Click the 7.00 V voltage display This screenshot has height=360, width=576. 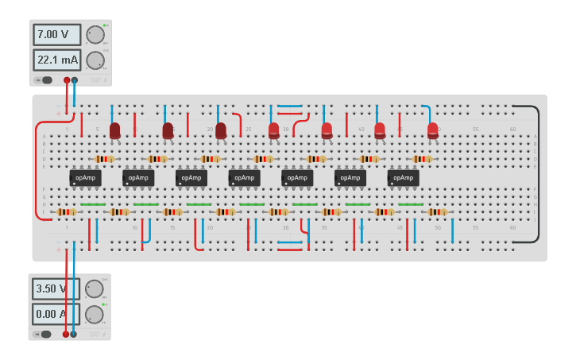tap(57, 34)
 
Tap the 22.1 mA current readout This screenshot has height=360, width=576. tap(57, 60)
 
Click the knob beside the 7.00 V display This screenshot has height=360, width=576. tap(95, 35)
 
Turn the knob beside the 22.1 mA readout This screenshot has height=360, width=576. tap(95, 60)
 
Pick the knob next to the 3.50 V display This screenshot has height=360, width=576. tap(94, 288)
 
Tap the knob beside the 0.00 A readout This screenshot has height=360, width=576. tap(94, 315)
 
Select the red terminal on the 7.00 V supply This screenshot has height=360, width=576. tap(67, 80)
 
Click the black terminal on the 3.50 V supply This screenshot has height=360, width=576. tap(74, 335)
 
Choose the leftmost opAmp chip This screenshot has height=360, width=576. tap(85, 178)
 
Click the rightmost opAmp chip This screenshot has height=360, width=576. tap(403, 178)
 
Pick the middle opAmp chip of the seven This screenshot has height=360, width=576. tap(244, 178)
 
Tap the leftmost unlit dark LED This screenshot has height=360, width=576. tap(114, 130)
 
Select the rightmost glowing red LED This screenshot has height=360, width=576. tap(432, 130)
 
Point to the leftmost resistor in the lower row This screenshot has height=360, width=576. tap(66, 212)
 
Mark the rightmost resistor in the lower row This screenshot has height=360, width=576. tap(437, 212)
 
